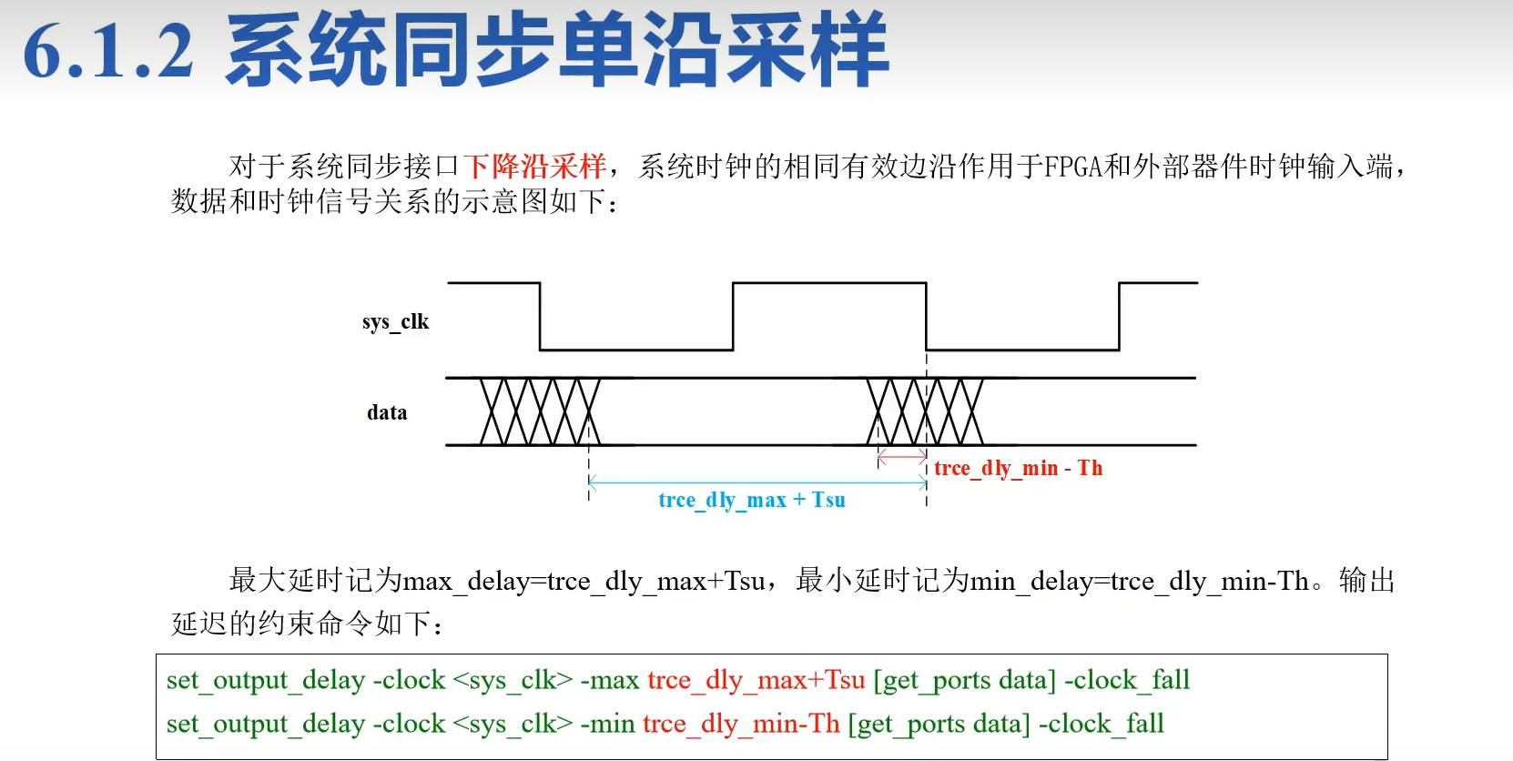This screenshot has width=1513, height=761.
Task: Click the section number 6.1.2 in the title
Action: [x=108, y=52]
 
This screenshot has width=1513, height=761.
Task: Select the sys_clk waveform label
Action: [x=395, y=322]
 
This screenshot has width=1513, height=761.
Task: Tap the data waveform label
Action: [x=387, y=413]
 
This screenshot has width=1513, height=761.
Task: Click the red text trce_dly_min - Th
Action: [x=1018, y=469]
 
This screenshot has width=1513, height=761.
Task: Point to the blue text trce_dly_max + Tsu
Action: [x=752, y=501]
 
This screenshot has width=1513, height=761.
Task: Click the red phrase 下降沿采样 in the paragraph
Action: [x=534, y=167]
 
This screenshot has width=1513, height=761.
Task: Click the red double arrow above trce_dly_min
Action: [x=902, y=456]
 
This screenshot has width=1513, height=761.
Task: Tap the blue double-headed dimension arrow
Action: [x=757, y=482]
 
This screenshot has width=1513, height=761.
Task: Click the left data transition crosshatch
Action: [x=540, y=411]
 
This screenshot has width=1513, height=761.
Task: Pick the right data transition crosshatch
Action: [x=925, y=411]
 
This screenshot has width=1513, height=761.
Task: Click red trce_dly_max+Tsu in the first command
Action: [x=756, y=681]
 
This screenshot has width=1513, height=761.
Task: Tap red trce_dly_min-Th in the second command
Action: [x=741, y=725]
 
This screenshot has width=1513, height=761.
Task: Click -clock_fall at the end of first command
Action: [x=1127, y=681]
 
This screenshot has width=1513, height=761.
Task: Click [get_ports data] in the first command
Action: [x=964, y=681]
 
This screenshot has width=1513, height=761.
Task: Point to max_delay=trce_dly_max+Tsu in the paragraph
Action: [x=584, y=582]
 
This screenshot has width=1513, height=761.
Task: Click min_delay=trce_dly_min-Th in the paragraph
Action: [x=1139, y=582]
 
